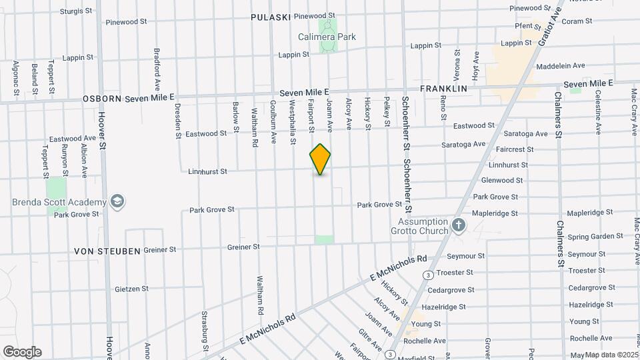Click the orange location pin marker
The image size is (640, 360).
coord(320,159)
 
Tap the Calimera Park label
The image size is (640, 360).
coord(327,37)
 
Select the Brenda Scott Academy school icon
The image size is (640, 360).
coord(118,202)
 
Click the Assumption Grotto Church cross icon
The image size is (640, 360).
coord(458,225)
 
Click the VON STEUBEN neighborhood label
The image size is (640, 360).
coord(107,251)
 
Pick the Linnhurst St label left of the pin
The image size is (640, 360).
coord(208,171)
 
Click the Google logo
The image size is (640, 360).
coord(22,351)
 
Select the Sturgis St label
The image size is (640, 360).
coord(75,11)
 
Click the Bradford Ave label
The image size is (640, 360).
coord(157,69)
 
